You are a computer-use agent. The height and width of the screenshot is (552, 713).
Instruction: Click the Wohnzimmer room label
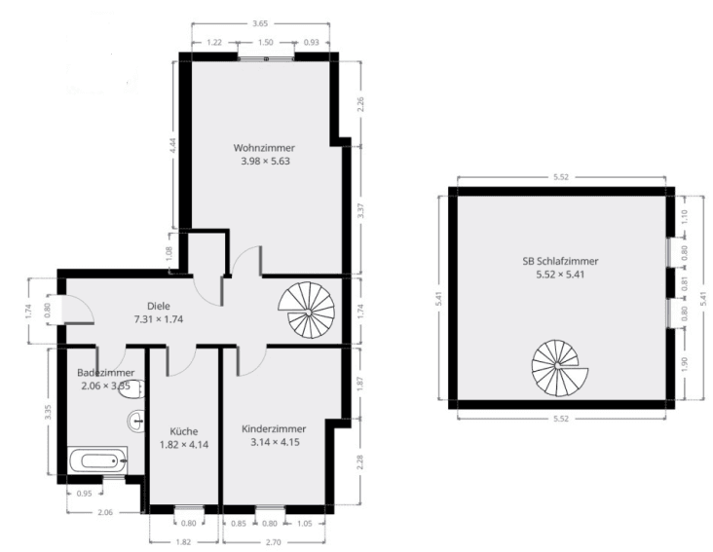pyautogui.click(x=264, y=148)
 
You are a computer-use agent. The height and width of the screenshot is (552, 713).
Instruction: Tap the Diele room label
pyautogui.click(x=159, y=305)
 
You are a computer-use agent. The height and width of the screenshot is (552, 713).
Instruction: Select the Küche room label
pyautogui.click(x=183, y=430)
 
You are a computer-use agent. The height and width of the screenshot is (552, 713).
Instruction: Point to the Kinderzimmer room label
pyautogui.click(x=274, y=428)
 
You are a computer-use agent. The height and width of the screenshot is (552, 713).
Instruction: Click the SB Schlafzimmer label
pyautogui.click(x=560, y=261)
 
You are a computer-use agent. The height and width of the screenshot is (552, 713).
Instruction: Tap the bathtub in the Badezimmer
pyautogui.click(x=97, y=460)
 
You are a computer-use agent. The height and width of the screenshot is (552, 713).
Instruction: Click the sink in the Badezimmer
pyautogui.click(x=136, y=420)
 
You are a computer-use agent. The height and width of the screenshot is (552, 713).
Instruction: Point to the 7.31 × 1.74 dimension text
pyautogui.click(x=159, y=318)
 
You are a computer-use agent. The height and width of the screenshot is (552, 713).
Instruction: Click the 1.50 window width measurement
pyautogui.click(x=266, y=43)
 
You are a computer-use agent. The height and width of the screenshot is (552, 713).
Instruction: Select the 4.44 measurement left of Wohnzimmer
pyautogui.click(x=172, y=146)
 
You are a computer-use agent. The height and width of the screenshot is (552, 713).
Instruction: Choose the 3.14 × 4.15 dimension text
pyautogui.click(x=274, y=442)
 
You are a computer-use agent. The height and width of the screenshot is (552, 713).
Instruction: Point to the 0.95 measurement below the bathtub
pyautogui.click(x=84, y=494)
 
